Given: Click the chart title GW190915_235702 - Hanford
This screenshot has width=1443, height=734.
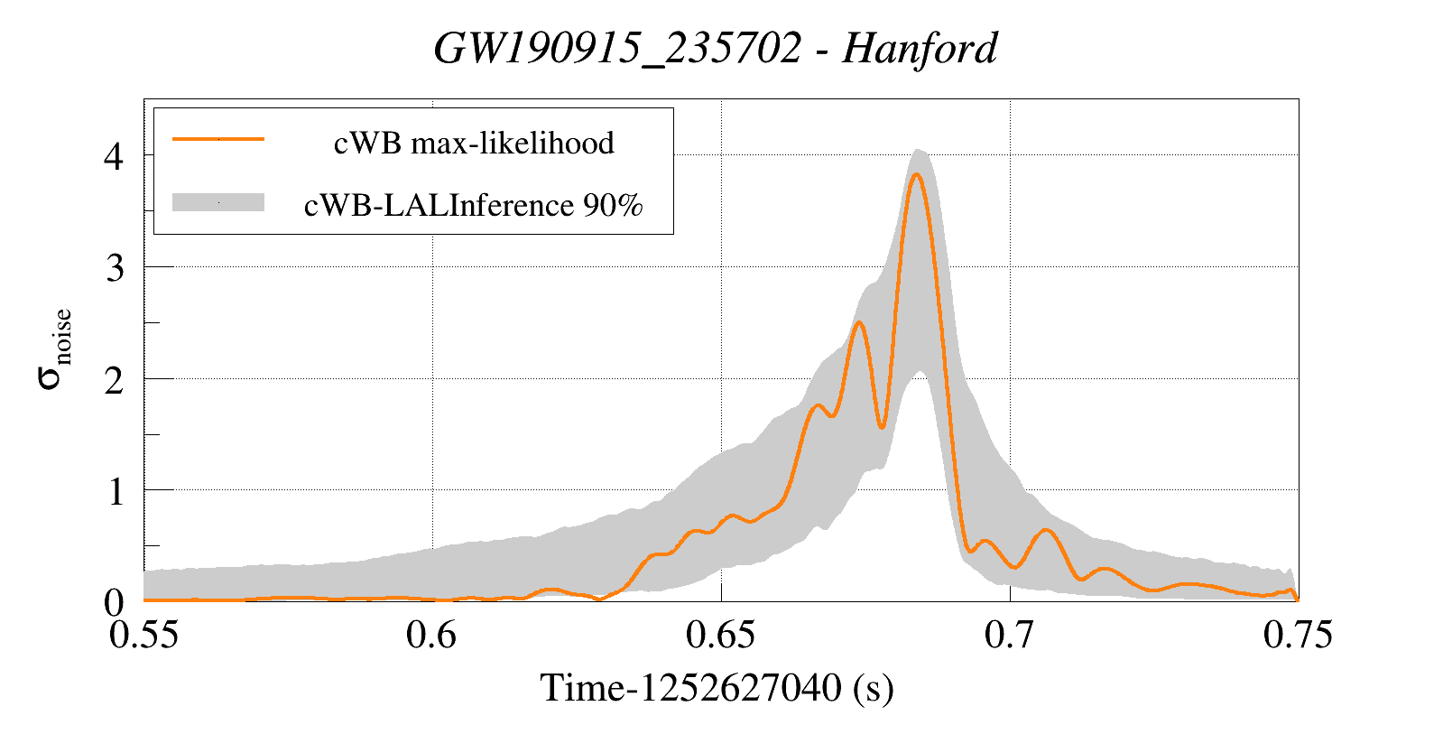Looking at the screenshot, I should click(x=716, y=48).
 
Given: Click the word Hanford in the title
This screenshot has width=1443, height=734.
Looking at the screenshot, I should click(x=920, y=48).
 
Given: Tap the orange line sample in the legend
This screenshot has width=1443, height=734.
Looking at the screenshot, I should click(x=218, y=139).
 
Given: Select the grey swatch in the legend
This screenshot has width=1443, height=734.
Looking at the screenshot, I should click(x=218, y=203).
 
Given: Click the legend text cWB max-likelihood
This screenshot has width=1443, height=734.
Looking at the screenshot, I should click(x=474, y=143).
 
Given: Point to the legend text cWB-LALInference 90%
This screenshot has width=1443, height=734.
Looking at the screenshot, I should click(x=474, y=206).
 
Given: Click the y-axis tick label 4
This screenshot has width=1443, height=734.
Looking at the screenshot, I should click(x=114, y=156).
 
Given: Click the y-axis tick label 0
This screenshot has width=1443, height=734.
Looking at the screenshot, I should click(x=114, y=602).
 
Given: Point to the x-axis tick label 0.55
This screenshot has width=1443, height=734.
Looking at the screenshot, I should click(x=143, y=635).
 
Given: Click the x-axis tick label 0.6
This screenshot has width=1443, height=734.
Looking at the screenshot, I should click(x=431, y=635).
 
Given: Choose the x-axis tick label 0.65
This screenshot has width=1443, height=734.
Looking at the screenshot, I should click(x=720, y=635).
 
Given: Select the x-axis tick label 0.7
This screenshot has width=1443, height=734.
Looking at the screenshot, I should click(x=1009, y=635).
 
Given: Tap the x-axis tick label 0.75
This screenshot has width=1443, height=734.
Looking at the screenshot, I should click(x=1298, y=635).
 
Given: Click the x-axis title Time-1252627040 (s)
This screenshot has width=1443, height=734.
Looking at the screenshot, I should click(x=717, y=688).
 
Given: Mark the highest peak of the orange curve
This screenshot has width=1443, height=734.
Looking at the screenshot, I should click(x=916, y=174).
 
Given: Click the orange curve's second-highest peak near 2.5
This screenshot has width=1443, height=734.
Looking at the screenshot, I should click(x=859, y=322).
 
